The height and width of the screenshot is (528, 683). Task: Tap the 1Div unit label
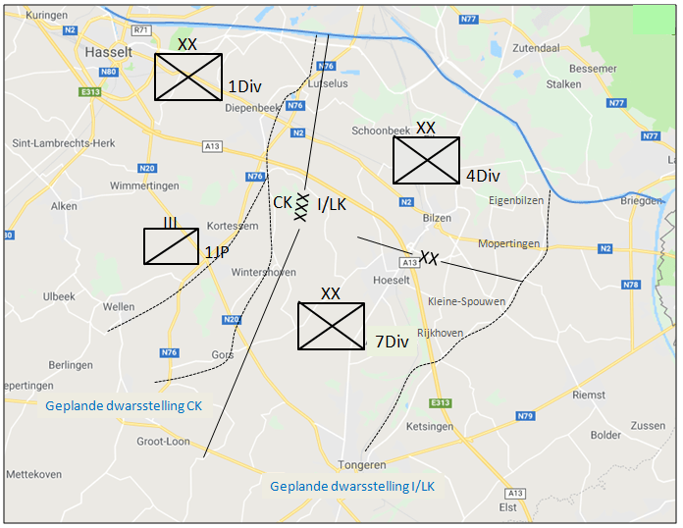(244, 86)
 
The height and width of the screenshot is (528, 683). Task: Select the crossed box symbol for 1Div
(189, 77)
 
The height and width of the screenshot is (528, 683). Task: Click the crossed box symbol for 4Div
(426, 160)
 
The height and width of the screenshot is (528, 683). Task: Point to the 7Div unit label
(391, 342)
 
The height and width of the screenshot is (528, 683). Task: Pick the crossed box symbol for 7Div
(331, 326)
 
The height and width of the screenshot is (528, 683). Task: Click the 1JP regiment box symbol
(172, 245)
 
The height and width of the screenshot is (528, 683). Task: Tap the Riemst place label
(589, 396)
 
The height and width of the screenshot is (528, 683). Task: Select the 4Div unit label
(483, 177)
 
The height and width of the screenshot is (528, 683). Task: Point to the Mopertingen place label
(510, 242)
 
